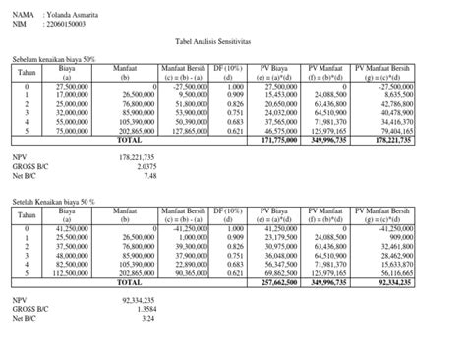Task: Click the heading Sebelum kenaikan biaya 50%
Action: click(54, 60)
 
